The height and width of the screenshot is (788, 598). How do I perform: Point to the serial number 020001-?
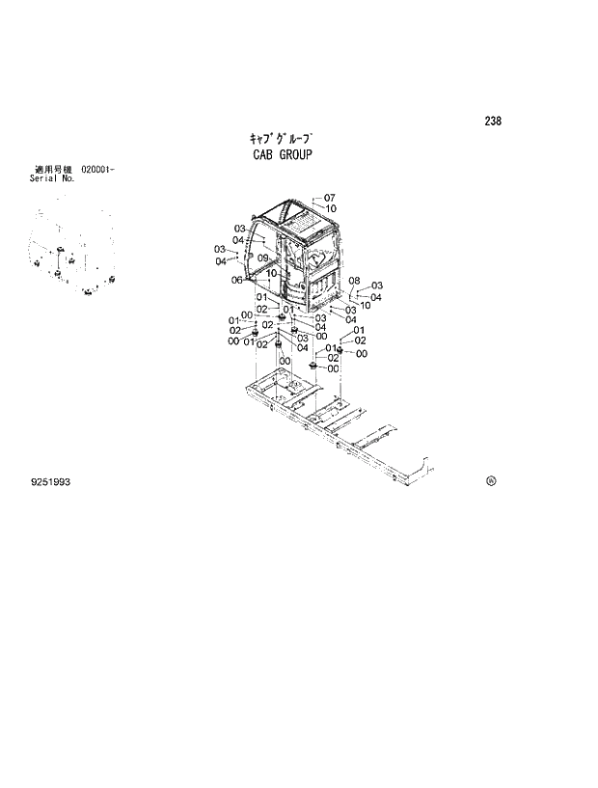(98, 170)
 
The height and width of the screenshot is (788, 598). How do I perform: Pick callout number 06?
(236, 281)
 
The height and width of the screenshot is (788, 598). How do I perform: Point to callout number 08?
(354, 281)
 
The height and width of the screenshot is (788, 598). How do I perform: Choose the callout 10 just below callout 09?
(272, 273)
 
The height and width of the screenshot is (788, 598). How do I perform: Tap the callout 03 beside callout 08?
(377, 285)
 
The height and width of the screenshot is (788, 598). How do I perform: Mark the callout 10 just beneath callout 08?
(365, 306)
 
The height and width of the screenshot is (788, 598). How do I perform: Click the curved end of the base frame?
(417, 469)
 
